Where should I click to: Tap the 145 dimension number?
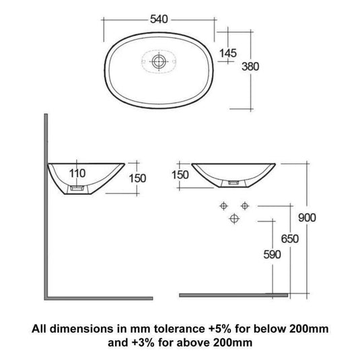(x=227, y=52)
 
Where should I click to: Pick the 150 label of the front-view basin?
(x=180, y=174)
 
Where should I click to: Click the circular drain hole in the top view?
(x=159, y=61)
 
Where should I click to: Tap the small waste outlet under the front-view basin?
(x=234, y=182)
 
